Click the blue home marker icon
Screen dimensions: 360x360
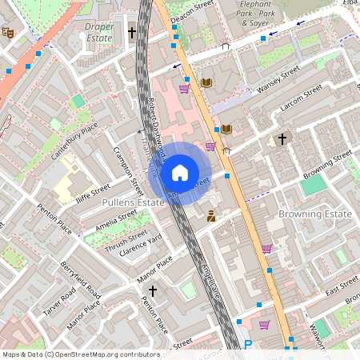tap(180, 173)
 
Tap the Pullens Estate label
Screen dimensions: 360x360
tap(133, 203)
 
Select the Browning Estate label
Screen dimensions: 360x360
tap(315, 214)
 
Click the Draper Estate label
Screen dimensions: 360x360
tap(99, 32)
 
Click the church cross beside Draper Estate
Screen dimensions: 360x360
tap(132, 33)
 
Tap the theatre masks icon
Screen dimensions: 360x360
tap(9, 33)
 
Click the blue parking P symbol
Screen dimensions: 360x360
tap(248, 345)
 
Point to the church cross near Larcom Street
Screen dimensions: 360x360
tap(281, 139)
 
